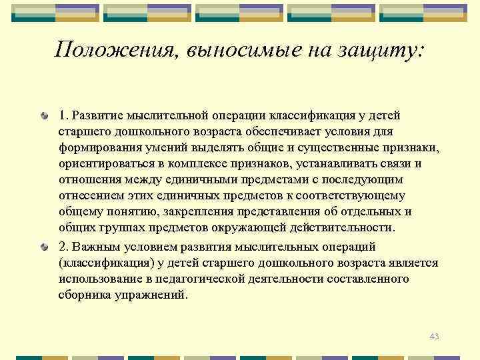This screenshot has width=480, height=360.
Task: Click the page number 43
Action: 434,337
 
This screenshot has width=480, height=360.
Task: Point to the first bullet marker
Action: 43,116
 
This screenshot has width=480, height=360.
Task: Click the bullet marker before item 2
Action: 43,247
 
